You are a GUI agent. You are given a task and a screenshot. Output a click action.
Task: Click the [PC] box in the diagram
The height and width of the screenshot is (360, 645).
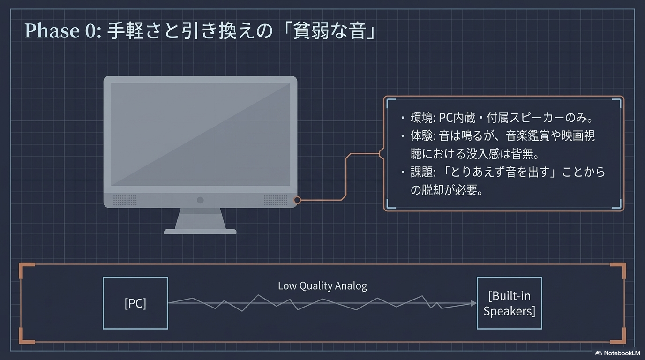(x=135, y=303)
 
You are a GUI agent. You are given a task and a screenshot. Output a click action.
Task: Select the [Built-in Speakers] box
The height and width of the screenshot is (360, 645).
(x=509, y=303)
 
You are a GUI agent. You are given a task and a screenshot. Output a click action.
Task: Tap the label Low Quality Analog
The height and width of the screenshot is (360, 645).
(x=322, y=285)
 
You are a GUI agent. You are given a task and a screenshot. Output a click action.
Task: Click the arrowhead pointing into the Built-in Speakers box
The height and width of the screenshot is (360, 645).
(x=473, y=303)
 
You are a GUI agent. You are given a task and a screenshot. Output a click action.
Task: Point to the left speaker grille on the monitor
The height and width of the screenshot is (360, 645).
(x=125, y=200)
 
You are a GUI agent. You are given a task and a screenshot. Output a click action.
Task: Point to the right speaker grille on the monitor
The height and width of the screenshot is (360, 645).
(x=276, y=200)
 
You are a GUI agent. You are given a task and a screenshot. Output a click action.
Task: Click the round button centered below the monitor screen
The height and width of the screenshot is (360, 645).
(x=200, y=200)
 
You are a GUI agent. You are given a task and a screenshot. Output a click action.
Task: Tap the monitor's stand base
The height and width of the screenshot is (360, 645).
(x=200, y=231)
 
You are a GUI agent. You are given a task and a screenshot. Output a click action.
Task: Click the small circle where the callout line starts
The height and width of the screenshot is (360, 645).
(x=297, y=200)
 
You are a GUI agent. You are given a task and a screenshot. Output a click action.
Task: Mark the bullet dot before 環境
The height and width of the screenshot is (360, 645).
(x=403, y=118)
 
